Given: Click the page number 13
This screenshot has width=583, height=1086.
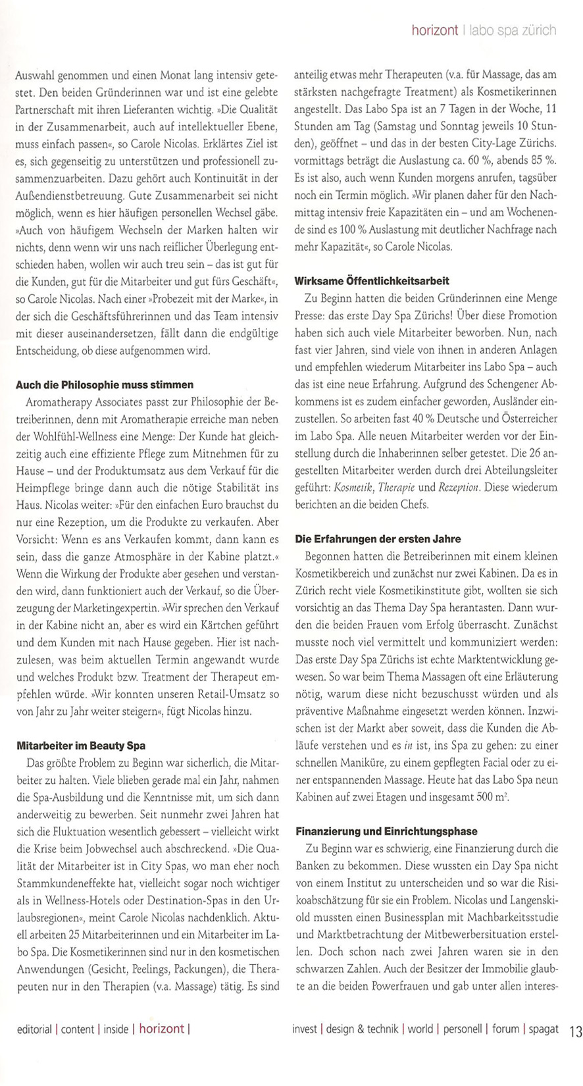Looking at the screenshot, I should click(575, 1029).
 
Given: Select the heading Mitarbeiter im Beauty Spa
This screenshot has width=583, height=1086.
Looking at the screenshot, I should click(81, 745).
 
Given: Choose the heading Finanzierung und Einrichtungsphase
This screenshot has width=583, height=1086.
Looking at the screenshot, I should click(386, 831).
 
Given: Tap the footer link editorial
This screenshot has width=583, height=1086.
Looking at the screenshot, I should click(35, 1029).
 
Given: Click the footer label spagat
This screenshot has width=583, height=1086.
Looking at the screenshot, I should click(543, 1029).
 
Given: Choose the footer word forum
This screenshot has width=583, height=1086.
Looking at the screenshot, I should click(505, 1029).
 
